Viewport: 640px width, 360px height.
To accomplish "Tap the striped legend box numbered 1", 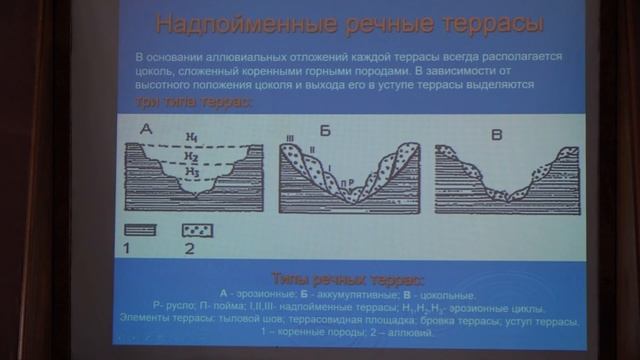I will click(142, 229).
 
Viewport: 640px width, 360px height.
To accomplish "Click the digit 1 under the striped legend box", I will click(128, 246).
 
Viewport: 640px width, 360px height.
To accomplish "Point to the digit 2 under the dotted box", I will click(189, 246).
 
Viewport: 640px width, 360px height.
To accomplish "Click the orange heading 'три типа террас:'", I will click(195, 103).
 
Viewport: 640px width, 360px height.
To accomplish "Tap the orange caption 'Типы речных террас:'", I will click(349, 277).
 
